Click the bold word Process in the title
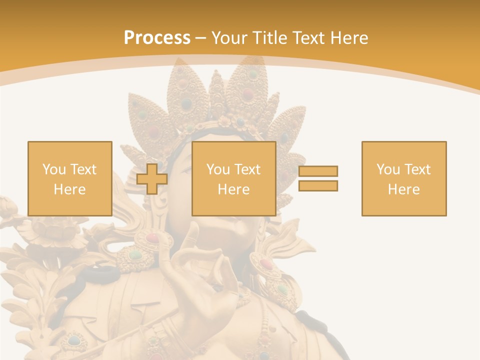point(157,38)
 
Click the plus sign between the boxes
point(152,179)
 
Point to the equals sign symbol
point(318,178)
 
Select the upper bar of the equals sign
point(318,171)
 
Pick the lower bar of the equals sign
point(318,185)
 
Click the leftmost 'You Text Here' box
point(69,178)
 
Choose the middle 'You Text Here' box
point(233,178)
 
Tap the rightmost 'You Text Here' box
point(404,178)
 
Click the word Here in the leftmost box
point(69,189)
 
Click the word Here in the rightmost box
point(404,189)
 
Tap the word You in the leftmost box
point(53,169)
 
